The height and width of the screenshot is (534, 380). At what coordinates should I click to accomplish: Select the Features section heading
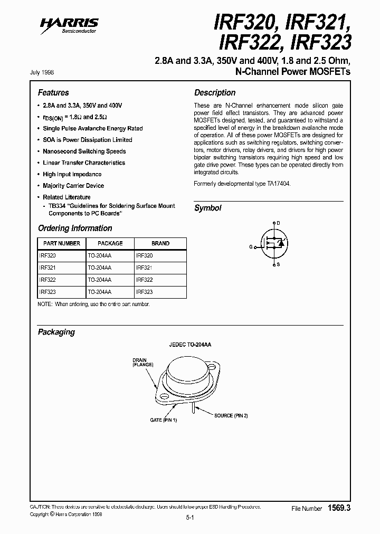(x=53, y=92)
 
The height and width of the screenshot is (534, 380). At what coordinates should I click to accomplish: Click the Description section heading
(x=215, y=92)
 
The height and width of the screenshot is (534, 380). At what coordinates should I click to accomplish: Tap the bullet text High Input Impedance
(x=72, y=174)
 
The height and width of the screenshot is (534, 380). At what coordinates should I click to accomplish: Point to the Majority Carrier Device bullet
(x=73, y=186)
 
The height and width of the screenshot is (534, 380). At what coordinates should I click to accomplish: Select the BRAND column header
(x=160, y=243)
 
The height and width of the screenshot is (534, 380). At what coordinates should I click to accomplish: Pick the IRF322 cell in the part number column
(x=47, y=280)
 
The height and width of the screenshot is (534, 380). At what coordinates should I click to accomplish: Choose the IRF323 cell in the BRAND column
(x=145, y=292)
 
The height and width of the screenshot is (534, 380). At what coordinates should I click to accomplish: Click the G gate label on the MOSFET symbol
(x=251, y=246)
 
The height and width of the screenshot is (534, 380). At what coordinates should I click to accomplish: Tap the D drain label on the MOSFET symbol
(x=279, y=224)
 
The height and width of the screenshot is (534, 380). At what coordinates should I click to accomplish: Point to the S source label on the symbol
(x=279, y=265)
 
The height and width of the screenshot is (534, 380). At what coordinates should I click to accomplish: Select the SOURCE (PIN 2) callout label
(x=231, y=416)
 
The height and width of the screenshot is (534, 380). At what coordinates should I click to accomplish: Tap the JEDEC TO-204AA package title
(x=189, y=344)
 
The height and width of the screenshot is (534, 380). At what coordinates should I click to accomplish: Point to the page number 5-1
(x=191, y=519)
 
